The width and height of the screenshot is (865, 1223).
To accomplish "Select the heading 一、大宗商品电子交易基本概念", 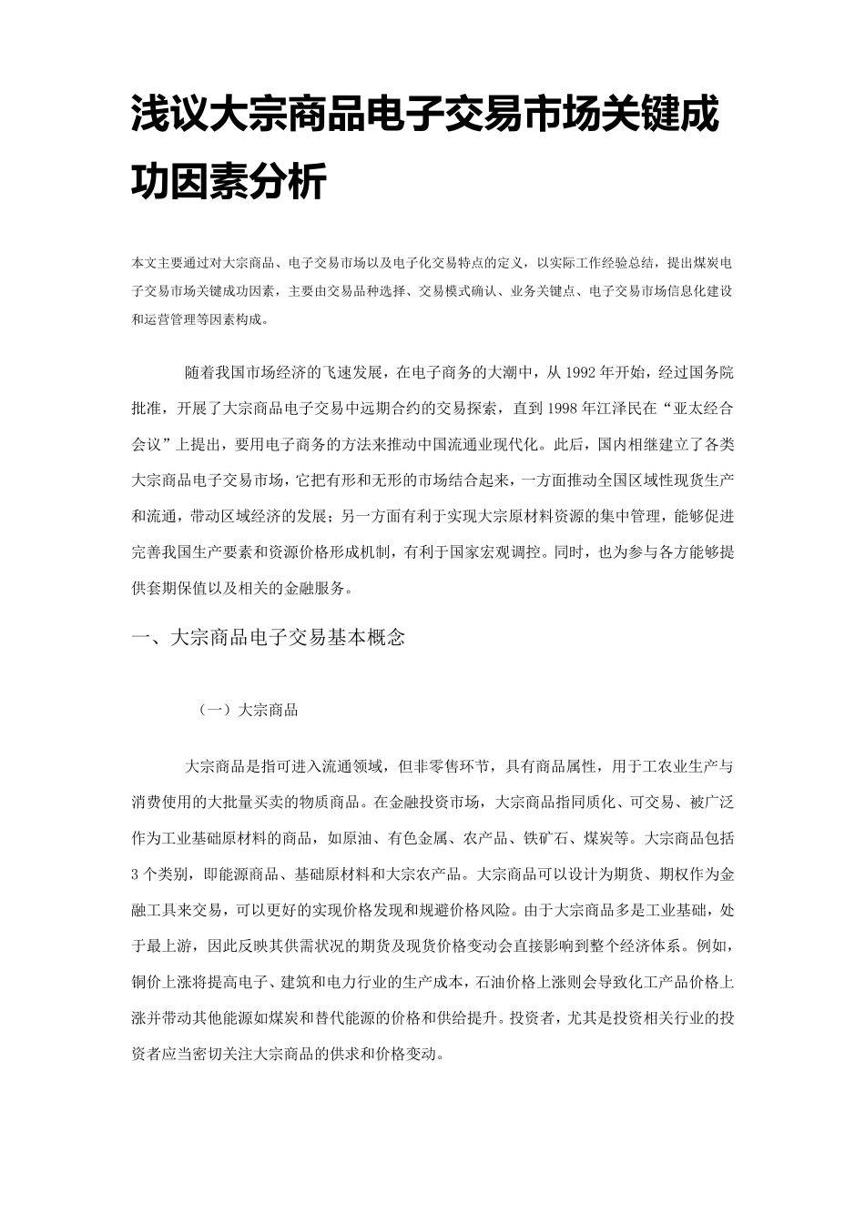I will (x=269, y=637).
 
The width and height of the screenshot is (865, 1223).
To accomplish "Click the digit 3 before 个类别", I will (x=136, y=874).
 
